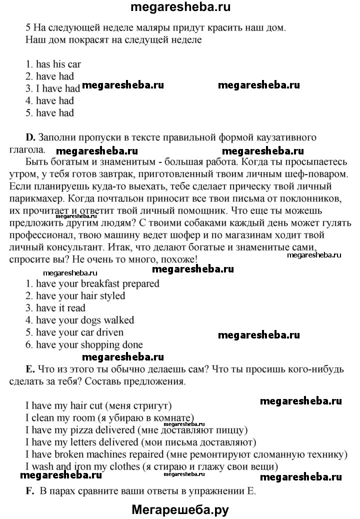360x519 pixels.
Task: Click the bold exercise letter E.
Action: (x=29, y=369)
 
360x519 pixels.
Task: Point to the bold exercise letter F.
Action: (x=29, y=490)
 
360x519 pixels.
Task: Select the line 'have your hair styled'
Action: (x=75, y=295)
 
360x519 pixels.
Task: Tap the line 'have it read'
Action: (x=55, y=308)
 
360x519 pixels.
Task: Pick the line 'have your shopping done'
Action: (x=83, y=344)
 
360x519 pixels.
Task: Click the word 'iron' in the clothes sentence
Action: (x=78, y=467)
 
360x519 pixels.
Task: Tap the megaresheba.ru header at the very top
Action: (x=180, y=7)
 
